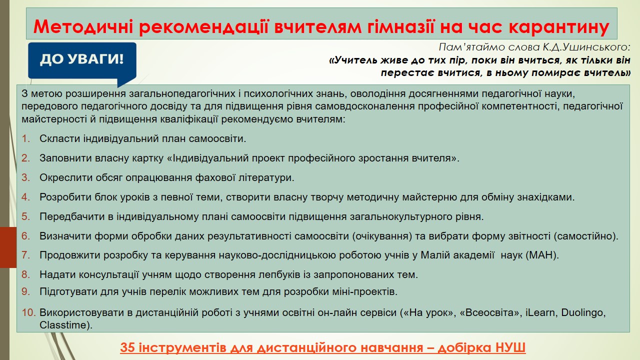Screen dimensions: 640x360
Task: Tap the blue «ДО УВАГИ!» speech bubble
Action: coord(82,61)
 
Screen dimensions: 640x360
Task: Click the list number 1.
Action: coord(26,138)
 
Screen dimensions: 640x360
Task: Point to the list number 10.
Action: coord(29,312)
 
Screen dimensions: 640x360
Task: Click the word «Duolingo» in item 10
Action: coord(583,313)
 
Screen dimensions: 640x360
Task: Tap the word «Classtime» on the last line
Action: coord(63,325)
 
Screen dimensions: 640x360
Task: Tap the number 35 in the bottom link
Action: coord(127,347)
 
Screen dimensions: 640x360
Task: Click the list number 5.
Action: coord(25,216)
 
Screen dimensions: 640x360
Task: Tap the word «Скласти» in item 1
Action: coord(59,138)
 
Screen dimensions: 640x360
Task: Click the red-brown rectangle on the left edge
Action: coord(8,247)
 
